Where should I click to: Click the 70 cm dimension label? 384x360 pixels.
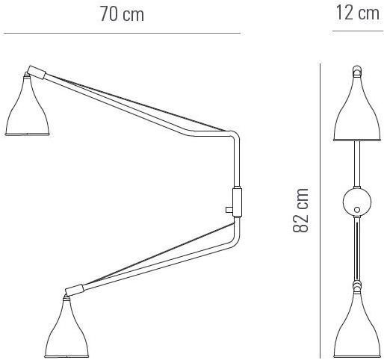click(x=122, y=14)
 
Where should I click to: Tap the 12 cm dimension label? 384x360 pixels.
click(x=358, y=13)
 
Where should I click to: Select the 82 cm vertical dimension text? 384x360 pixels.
click(x=301, y=211)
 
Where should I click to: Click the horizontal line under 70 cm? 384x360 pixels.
click(x=122, y=33)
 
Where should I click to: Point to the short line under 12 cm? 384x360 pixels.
click(x=358, y=31)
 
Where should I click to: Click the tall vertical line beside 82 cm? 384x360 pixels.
click(x=320, y=211)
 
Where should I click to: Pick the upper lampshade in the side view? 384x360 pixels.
click(x=27, y=105)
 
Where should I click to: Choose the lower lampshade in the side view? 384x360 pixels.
click(x=67, y=328)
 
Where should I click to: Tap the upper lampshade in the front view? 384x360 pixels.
click(x=357, y=108)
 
